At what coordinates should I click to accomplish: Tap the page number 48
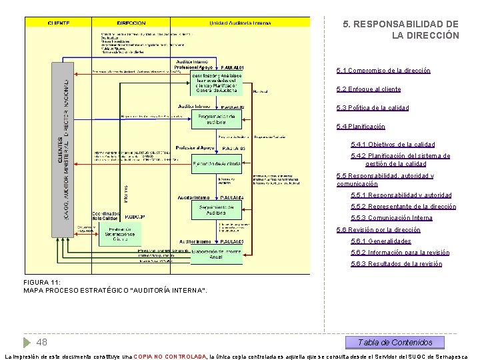41,343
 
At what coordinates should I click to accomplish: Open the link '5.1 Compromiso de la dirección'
383,71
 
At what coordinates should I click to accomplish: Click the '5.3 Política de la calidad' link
382,108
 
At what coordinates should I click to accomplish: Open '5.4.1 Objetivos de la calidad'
402,145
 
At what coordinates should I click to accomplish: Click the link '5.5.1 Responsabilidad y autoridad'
410,195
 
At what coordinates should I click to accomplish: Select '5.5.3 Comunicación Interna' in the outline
401,218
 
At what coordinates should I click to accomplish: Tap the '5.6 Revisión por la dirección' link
379,230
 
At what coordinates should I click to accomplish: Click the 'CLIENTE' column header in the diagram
59,23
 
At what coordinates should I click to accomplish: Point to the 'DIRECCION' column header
131,23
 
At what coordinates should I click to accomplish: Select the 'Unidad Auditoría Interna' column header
240,23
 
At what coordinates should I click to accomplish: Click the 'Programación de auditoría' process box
216,120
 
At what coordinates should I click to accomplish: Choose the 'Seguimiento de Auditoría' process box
216,209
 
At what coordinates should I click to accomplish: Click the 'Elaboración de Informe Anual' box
216,255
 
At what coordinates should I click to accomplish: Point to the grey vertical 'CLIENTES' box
62,150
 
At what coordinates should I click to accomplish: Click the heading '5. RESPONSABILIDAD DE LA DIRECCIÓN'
401,29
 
